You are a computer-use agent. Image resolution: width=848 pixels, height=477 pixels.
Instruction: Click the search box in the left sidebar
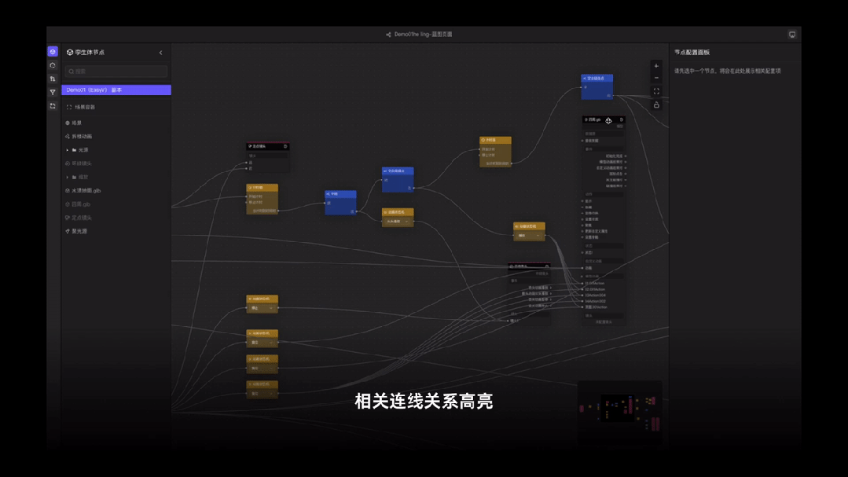(x=116, y=72)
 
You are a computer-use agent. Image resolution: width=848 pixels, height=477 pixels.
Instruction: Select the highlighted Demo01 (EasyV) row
(x=116, y=90)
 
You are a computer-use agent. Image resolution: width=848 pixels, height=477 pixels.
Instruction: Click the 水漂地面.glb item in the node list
(x=86, y=191)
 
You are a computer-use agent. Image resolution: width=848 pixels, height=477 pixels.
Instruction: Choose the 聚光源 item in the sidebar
(x=79, y=232)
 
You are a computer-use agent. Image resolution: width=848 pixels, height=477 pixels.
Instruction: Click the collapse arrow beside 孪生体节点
(x=161, y=53)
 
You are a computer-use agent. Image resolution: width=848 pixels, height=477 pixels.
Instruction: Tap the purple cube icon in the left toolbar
(x=53, y=52)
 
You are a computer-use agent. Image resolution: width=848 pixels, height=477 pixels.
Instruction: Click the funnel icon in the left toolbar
(x=53, y=93)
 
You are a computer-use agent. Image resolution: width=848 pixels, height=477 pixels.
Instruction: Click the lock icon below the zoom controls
(x=656, y=105)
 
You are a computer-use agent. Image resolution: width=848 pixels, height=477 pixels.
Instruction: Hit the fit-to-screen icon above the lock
(x=656, y=91)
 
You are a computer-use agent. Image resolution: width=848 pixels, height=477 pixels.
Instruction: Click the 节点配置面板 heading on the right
(x=692, y=53)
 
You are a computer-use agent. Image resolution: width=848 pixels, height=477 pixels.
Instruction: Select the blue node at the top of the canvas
(x=597, y=79)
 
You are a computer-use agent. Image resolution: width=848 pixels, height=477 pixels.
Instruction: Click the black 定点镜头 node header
(x=267, y=146)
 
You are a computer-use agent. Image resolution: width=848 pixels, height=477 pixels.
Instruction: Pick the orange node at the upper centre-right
(x=495, y=141)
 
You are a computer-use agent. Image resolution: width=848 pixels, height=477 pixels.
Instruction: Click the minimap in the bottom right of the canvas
(x=620, y=407)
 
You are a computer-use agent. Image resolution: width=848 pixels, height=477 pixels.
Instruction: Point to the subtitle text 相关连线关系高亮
(x=424, y=402)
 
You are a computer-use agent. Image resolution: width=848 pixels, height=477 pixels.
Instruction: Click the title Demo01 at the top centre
(x=424, y=35)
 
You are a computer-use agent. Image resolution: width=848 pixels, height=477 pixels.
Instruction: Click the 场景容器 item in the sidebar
(x=84, y=108)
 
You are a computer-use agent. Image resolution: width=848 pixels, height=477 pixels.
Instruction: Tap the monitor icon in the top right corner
(x=792, y=35)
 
